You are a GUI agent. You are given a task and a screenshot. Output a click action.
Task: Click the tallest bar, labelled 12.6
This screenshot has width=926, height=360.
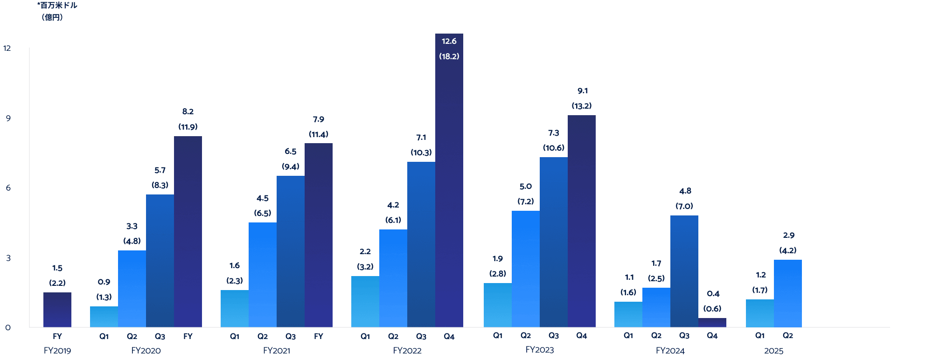(x=449, y=187)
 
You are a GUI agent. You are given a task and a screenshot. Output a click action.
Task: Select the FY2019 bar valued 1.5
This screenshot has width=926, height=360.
(x=57, y=310)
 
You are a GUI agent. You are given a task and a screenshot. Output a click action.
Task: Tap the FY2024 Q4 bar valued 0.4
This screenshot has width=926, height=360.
(x=712, y=323)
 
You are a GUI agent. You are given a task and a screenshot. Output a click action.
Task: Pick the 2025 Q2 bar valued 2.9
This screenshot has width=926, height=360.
(x=787, y=293)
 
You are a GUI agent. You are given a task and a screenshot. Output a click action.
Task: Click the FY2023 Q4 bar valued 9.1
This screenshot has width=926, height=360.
(x=581, y=221)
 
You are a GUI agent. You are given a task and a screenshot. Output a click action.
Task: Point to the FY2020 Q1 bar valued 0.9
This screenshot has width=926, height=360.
(x=104, y=317)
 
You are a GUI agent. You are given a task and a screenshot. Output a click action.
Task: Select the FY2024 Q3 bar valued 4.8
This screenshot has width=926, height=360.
(x=684, y=271)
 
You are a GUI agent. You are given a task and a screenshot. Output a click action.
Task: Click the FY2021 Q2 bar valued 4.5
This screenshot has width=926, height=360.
(x=263, y=275)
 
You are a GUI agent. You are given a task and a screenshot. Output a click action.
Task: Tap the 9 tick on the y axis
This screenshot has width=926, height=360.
(x=8, y=118)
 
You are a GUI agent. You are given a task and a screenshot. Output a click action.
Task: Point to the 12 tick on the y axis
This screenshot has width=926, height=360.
(x=7, y=48)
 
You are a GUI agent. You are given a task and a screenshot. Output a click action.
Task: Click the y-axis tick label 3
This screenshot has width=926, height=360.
(x=8, y=258)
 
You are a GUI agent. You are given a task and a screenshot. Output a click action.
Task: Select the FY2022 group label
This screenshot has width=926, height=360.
(x=407, y=351)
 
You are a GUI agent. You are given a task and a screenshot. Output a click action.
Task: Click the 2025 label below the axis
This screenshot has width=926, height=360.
(x=773, y=351)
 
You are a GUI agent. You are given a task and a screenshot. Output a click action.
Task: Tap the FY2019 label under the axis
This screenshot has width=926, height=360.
(x=57, y=351)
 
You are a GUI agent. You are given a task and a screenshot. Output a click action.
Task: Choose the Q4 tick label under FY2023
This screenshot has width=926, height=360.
(x=581, y=336)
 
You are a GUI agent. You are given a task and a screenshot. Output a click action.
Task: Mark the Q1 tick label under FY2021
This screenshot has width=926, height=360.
(x=235, y=336)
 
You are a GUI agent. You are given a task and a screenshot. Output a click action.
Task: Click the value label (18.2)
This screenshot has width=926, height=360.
(x=449, y=56)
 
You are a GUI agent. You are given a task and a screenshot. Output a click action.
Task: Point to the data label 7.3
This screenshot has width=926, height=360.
(x=553, y=133)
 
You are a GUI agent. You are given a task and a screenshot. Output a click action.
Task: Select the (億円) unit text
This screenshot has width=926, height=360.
(x=52, y=17)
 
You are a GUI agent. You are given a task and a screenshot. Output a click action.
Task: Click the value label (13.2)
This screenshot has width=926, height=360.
(x=581, y=106)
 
